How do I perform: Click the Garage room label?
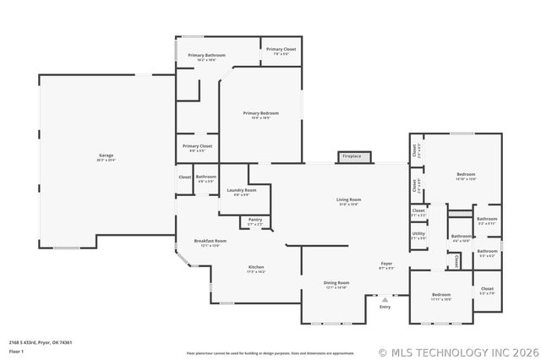106,156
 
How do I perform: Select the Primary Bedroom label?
260,114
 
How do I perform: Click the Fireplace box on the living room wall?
351,156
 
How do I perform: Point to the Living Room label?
348,200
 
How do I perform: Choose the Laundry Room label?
241,191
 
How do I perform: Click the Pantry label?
255,221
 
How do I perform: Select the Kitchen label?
255,269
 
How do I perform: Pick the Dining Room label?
336,284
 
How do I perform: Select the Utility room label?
418,235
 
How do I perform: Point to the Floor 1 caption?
17,350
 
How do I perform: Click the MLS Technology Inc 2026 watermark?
456,352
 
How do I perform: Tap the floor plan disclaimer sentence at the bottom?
270,352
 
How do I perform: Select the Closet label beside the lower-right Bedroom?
487,290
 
